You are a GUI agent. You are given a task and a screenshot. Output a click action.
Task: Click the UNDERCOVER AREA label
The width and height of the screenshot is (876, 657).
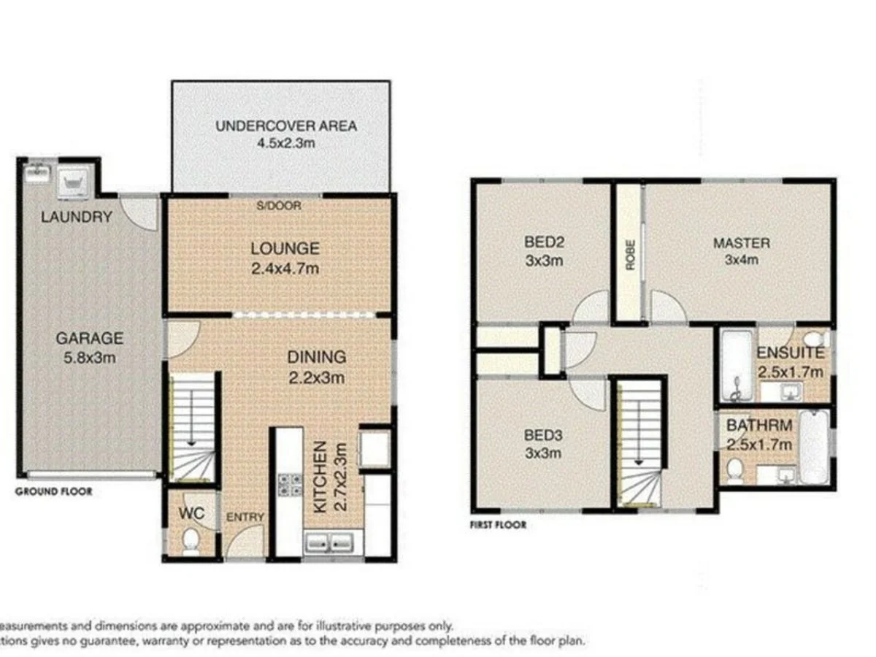286,126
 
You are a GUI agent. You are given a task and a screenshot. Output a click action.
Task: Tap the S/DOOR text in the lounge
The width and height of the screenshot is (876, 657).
278,206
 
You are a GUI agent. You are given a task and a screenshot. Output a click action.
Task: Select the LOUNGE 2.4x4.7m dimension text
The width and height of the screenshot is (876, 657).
285,269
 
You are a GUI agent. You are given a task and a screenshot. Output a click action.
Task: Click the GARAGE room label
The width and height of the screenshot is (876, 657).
90,339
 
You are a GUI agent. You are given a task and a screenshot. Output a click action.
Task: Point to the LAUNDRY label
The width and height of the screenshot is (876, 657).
77,217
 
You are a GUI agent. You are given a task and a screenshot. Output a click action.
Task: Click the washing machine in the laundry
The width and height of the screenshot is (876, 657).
75,180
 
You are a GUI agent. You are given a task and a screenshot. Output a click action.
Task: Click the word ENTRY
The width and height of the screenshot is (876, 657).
245,517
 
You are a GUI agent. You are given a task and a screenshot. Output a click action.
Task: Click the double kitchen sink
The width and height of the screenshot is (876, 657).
329,543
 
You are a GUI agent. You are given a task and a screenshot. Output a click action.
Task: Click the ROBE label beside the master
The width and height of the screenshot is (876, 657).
629,256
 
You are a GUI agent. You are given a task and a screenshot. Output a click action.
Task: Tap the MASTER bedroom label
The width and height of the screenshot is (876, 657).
741,243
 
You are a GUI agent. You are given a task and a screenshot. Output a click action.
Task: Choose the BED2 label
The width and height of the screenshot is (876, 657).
544,243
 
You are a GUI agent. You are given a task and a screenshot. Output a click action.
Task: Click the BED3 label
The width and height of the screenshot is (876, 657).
544,436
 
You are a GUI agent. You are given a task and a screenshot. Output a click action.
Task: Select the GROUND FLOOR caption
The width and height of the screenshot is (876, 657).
54,492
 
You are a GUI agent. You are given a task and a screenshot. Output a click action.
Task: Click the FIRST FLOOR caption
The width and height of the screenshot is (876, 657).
498,524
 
